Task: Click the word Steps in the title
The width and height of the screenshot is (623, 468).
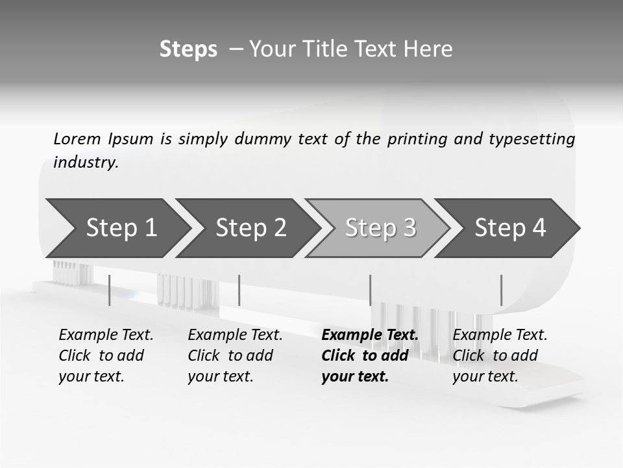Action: click(x=188, y=49)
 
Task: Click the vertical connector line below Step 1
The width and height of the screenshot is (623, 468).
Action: click(x=110, y=290)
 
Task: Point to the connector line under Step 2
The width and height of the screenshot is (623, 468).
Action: click(x=239, y=290)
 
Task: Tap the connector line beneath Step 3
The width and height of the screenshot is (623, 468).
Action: click(x=370, y=290)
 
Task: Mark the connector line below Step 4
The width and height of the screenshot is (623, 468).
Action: click(x=501, y=290)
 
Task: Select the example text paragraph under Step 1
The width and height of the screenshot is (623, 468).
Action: click(x=106, y=356)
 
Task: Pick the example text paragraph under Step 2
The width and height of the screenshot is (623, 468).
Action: click(x=235, y=356)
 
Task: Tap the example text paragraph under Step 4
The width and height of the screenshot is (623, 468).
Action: click(x=500, y=356)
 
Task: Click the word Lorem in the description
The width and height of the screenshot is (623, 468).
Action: click(x=77, y=138)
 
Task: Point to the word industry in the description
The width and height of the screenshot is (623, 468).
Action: click(x=86, y=162)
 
